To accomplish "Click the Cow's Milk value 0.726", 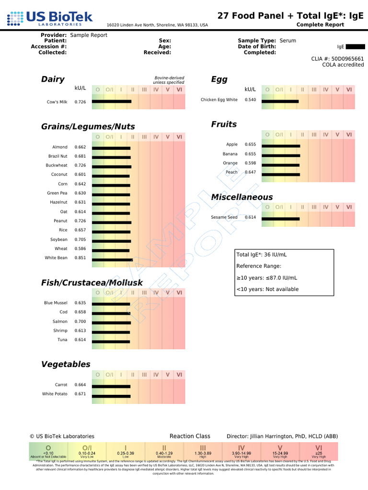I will click(x=80, y=102).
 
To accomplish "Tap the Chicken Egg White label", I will click(x=218, y=100).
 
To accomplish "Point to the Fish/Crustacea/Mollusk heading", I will click(x=92, y=283).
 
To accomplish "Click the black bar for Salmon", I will click(x=111, y=322).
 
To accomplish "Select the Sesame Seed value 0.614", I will click(x=250, y=217).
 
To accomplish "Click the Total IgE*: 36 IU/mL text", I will click(x=262, y=254).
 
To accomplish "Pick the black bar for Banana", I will click(x=281, y=156).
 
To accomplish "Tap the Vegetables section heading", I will click(x=66, y=364).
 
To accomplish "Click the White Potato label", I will click(x=55, y=394).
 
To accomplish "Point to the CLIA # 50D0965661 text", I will click(x=337, y=59).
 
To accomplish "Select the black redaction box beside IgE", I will click(x=355, y=47).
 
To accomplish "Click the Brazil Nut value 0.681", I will click(x=80, y=156).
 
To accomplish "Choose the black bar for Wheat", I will click(x=110, y=250).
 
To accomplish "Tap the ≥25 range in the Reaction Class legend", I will click(x=319, y=453).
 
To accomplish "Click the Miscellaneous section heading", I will click(x=242, y=197).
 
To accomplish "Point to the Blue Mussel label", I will click(x=56, y=303).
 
